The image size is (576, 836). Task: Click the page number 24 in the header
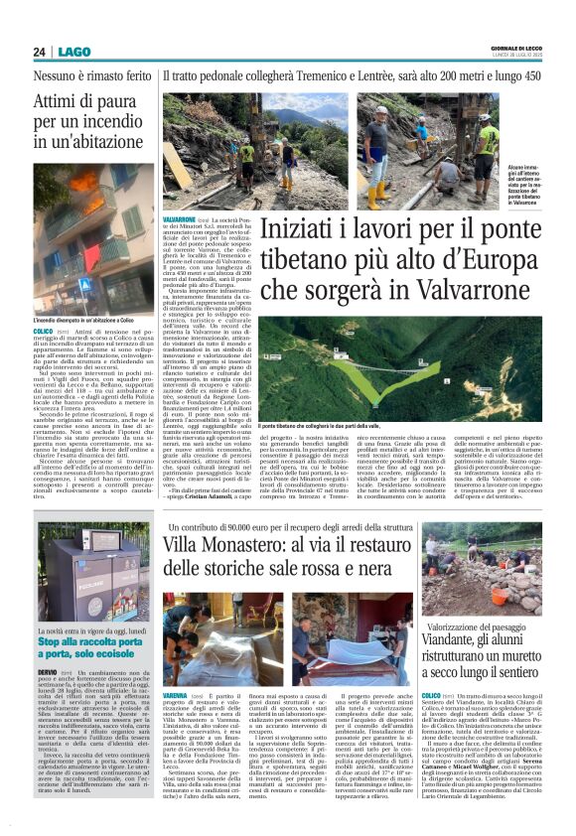point(39,52)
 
